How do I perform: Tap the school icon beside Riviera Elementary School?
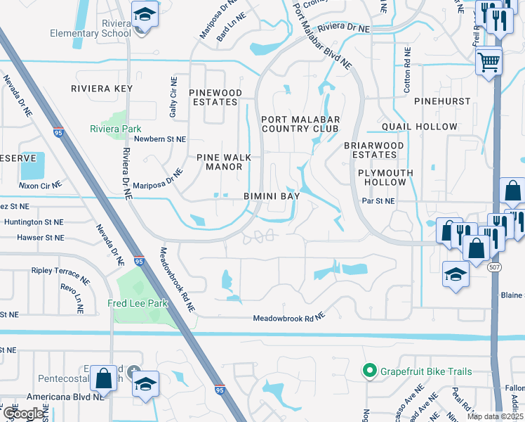[x=145, y=15]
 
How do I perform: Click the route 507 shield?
[x=494, y=267]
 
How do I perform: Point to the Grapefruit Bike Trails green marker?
[x=368, y=371]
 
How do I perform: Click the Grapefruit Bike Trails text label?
[x=425, y=371]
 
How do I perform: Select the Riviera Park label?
[x=115, y=129]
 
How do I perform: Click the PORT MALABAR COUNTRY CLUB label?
[x=300, y=124]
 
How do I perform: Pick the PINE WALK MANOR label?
[x=219, y=162]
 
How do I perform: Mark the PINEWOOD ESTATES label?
[x=216, y=97]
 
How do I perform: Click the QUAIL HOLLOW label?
[x=420, y=127]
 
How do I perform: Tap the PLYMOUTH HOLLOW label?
[x=382, y=177]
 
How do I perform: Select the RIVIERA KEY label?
[x=102, y=89]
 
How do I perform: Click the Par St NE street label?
[x=378, y=201]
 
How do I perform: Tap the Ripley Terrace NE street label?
[x=60, y=274]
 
